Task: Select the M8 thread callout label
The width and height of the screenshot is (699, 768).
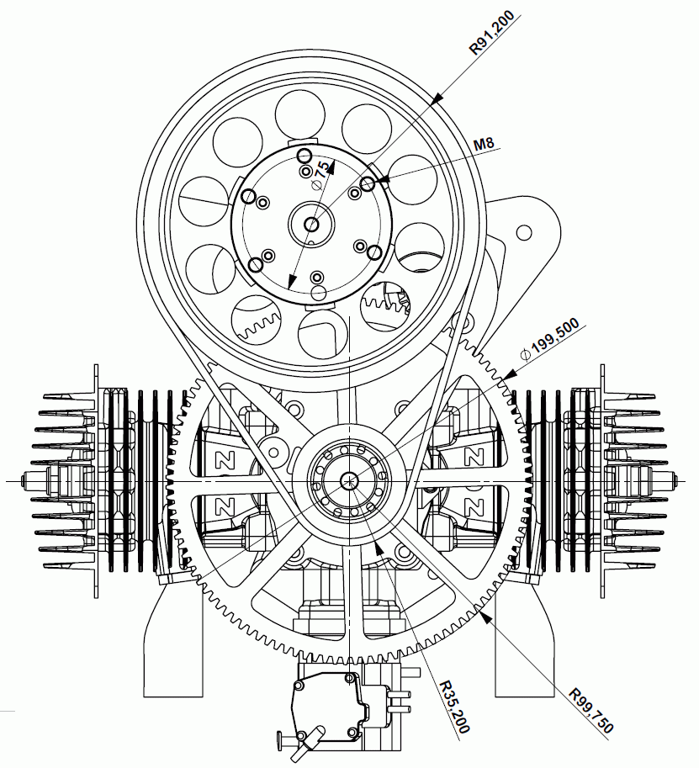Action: click(x=483, y=144)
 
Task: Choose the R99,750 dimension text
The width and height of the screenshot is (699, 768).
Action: click(x=591, y=708)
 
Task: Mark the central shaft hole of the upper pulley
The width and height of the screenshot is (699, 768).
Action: click(x=311, y=223)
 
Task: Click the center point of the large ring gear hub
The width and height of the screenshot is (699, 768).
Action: click(x=349, y=480)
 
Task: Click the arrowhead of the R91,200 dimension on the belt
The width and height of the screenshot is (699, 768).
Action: click(x=437, y=100)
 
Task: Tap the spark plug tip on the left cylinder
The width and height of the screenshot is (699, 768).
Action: click(x=24, y=480)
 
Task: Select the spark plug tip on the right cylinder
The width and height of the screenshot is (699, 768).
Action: click(x=674, y=480)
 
